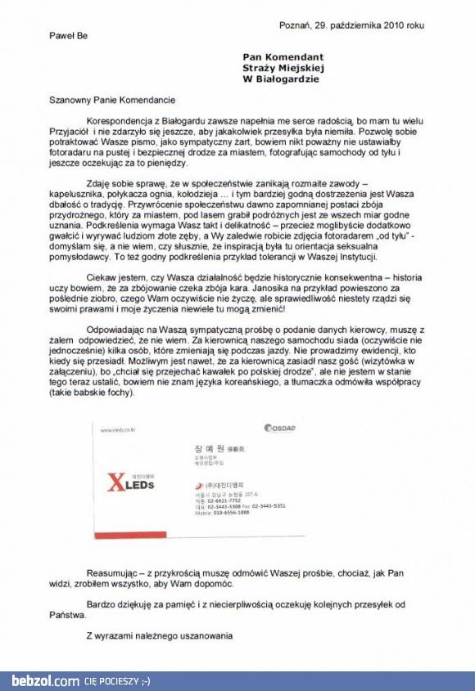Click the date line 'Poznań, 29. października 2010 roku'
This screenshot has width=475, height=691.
[x=352, y=25]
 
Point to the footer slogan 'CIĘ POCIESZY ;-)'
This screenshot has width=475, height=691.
[x=117, y=680]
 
